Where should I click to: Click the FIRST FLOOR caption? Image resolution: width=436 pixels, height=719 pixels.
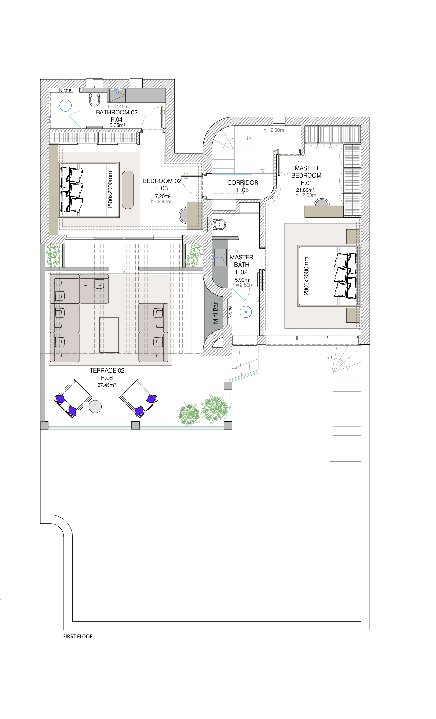point(78,636)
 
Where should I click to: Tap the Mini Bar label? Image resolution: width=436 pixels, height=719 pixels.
point(215,313)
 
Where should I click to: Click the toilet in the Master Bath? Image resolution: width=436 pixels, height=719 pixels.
point(218,224)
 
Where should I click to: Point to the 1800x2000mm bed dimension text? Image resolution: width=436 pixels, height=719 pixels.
point(110,190)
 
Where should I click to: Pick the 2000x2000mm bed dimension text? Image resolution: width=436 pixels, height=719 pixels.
point(306,276)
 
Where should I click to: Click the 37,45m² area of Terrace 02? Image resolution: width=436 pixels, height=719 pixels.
point(107,385)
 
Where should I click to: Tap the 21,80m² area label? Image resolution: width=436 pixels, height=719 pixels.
point(305,190)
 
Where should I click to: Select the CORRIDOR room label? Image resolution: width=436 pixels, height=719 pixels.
point(243,182)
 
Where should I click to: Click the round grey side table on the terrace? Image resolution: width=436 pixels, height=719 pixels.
point(95,406)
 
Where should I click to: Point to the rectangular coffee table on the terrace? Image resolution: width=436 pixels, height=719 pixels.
point(109,335)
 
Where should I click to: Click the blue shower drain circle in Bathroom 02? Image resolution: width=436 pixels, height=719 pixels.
point(65,105)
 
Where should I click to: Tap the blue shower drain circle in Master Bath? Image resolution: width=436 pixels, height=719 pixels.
point(246,312)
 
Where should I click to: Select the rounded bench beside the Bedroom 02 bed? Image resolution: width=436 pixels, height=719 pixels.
point(128,190)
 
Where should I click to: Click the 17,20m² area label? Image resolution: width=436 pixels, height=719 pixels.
point(161,196)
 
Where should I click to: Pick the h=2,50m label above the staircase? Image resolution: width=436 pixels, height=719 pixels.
point(274,130)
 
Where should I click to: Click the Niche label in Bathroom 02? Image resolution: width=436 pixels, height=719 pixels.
point(65,90)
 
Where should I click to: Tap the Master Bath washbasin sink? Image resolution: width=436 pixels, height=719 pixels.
point(221,257)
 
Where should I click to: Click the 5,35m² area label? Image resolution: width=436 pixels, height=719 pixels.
point(118,125)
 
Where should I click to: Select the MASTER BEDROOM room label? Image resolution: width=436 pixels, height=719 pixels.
point(306,172)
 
